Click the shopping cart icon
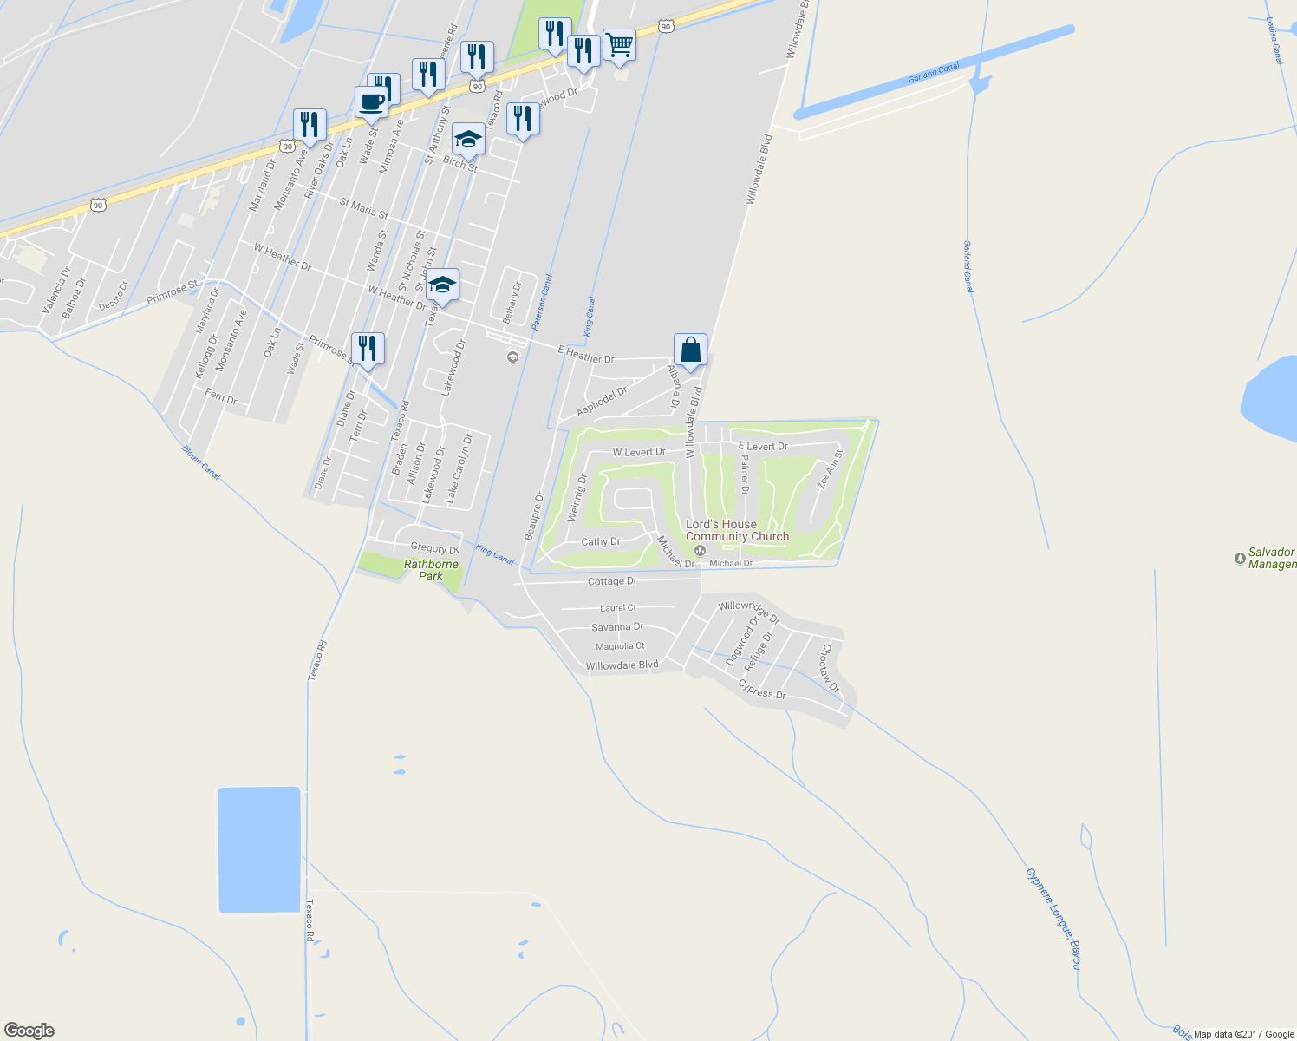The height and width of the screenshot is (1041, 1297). tap(619, 44)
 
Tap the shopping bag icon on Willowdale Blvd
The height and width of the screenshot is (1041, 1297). tap(690, 350)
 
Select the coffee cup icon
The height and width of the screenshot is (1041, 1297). tap(371, 101)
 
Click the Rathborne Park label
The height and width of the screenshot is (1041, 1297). tap(431, 570)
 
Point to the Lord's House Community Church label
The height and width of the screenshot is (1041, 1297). tap(737, 530)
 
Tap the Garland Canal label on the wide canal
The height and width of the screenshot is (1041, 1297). tap(934, 73)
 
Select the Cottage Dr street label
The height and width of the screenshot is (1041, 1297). tap(612, 581)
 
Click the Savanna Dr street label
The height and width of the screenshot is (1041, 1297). tap(617, 627)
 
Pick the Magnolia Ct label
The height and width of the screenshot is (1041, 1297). tap(620, 646)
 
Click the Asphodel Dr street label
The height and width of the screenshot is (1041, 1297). tap(602, 401)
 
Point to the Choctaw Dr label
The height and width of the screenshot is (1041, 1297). tap(831, 667)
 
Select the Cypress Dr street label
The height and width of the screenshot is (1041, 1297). tap(762, 691)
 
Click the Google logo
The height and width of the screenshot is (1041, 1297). tap(29, 1031)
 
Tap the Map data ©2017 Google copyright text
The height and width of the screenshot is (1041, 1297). tap(1243, 1034)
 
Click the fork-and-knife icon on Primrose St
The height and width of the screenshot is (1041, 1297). tap(368, 349)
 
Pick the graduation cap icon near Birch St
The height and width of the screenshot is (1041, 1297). tap(468, 139)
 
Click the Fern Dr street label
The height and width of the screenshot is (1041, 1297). tap(221, 397)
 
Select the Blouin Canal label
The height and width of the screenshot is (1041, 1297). tap(201, 462)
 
